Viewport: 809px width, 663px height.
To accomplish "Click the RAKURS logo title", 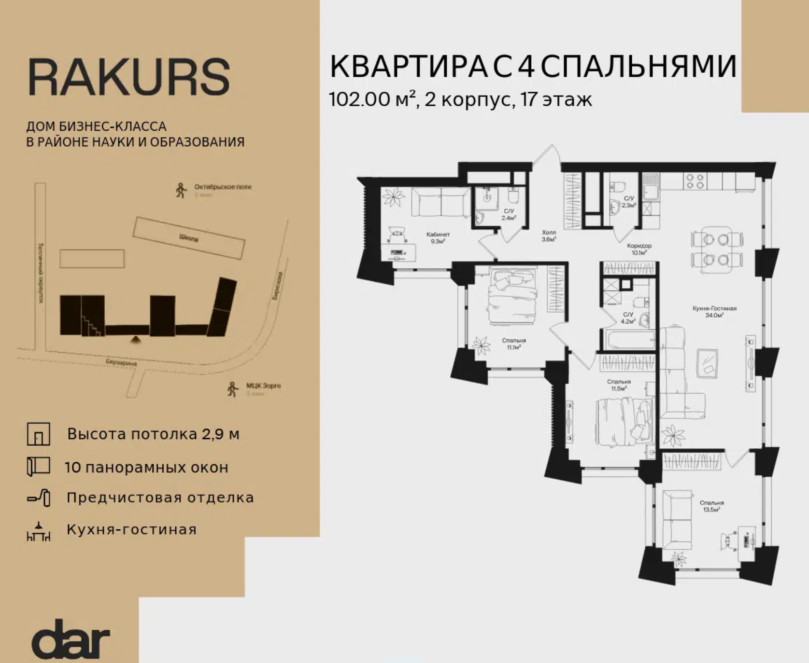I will point(128,77).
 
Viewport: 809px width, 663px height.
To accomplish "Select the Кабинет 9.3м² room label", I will point(438,238).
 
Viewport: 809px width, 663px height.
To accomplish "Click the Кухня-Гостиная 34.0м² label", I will point(714,312).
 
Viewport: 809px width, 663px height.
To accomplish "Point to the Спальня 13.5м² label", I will point(711,506).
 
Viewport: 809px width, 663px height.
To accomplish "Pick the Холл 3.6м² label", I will point(549,235).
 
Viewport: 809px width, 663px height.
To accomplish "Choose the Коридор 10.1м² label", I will point(639,249).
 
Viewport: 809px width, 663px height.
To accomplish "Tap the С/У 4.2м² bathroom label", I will point(628,318).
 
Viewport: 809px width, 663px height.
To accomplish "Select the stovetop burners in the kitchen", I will point(695,181).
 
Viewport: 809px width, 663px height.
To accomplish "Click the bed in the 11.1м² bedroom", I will point(512,297).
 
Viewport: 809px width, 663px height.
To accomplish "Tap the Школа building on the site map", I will point(189,237).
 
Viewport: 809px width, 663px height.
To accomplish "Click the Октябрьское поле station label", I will point(223,187).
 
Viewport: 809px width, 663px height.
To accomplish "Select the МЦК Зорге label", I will point(263,386).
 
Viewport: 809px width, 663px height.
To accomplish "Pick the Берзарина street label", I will point(121,362).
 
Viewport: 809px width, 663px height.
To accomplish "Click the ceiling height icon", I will point(39,434).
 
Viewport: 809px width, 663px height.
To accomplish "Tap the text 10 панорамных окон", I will point(146,467).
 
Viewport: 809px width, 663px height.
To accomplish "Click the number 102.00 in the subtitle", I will point(359,99).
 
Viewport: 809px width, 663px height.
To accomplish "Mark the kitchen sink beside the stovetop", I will point(651,186).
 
